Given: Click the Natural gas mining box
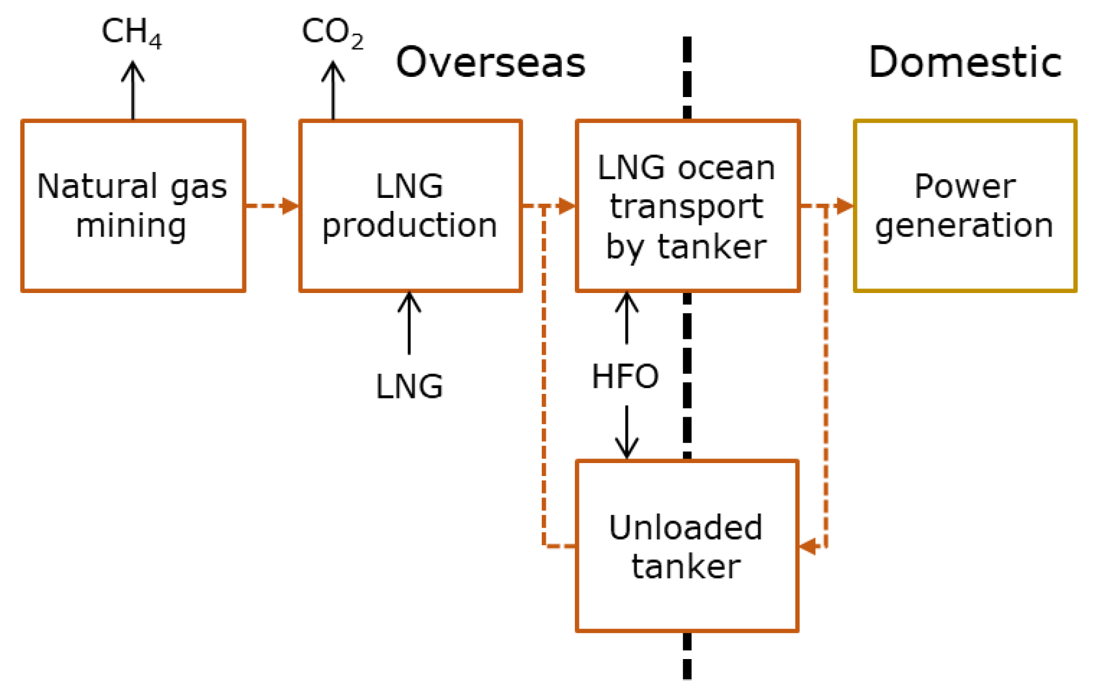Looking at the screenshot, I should pyautogui.click(x=133, y=206).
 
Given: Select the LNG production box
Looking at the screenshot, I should pyautogui.click(x=410, y=206).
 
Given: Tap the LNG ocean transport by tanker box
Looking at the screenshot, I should pyautogui.click(x=687, y=206).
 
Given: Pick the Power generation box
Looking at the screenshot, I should pyautogui.click(x=965, y=206).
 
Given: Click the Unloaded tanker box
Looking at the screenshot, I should pyautogui.click(x=687, y=546).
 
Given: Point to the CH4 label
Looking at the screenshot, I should pyautogui.click(x=131, y=32).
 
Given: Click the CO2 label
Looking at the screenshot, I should pyautogui.click(x=332, y=32).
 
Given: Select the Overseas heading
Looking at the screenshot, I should pyautogui.click(x=490, y=63).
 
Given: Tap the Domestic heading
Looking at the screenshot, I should pyautogui.click(x=965, y=63).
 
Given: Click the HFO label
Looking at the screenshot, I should pyautogui.click(x=625, y=376).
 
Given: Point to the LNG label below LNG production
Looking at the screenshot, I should pyautogui.click(x=409, y=387).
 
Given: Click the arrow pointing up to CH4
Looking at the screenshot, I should pyautogui.click(x=133, y=91).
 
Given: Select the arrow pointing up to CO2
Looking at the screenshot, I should pyautogui.click(x=334, y=91).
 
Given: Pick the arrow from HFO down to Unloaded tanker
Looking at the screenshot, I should pyautogui.click(x=627, y=432).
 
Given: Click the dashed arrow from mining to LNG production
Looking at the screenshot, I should pyautogui.click(x=272, y=206).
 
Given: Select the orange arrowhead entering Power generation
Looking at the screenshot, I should pyautogui.click(x=844, y=206).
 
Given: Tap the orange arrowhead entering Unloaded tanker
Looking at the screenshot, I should pyautogui.click(x=808, y=547).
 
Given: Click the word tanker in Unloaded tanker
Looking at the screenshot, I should pyautogui.click(x=685, y=567).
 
